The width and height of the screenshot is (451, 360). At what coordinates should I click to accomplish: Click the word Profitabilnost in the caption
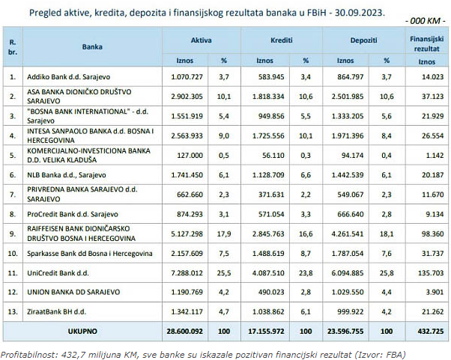(25, 353)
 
